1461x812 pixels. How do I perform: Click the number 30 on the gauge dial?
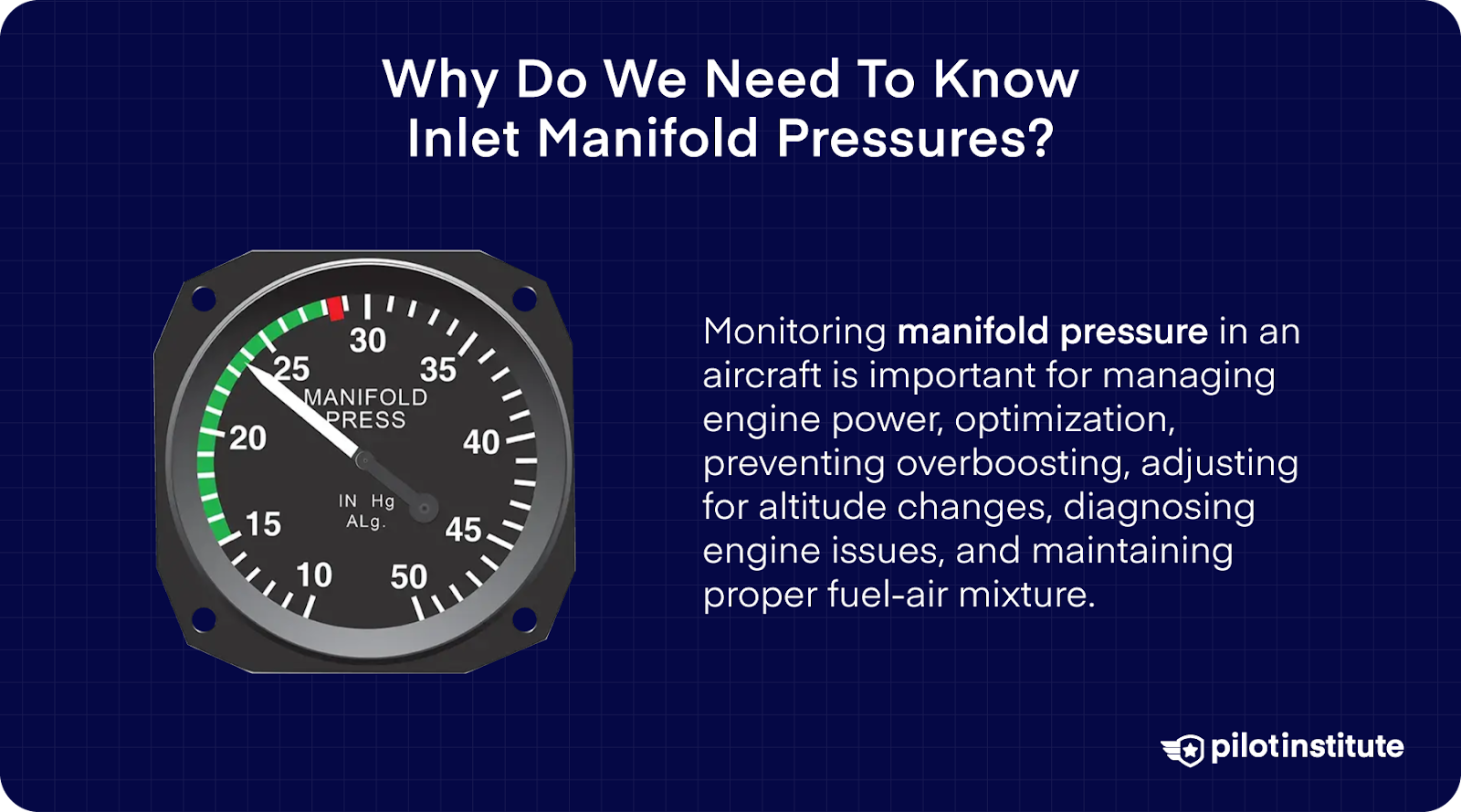[368, 341]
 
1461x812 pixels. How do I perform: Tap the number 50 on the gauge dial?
[408, 576]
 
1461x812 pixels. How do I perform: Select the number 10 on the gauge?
[314, 575]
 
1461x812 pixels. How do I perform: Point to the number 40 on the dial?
[481, 442]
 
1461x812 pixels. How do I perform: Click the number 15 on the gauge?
[263, 524]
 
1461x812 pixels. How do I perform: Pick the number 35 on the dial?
[437, 370]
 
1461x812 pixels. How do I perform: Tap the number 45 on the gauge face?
[463, 530]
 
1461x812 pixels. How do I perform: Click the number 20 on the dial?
[247, 438]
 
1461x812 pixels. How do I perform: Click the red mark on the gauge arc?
[336, 309]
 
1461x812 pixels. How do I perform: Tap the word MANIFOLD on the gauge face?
[365, 397]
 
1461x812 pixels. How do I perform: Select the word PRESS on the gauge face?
[365, 420]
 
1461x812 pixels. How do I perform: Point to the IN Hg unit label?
[366, 501]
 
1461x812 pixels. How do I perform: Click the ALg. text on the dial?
[365, 522]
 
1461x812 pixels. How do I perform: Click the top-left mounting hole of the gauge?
[203, 298]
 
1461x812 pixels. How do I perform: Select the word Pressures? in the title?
[916, 139]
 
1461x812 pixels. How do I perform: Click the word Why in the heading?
[440, 79]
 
